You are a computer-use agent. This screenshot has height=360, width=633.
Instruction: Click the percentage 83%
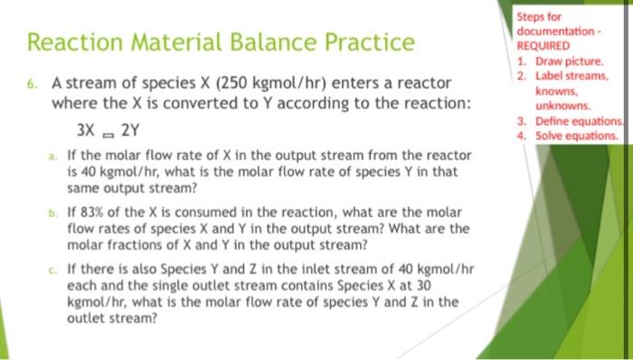click(x=98, y=211)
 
